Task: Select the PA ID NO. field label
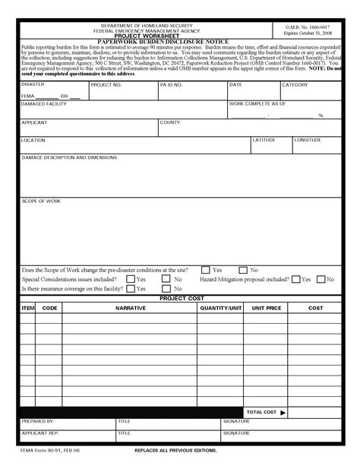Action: [172, 85]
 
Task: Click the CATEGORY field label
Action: [295, 85]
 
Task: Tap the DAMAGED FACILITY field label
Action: [44, 103]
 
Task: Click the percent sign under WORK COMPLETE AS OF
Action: [321, 116]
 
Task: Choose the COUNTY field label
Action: [169, 122]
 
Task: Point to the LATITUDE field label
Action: [264, 140]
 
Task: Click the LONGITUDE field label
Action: [308, 140]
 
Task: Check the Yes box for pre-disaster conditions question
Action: [206, 270]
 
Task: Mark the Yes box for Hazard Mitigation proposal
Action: [296, 279]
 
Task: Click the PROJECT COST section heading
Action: [181, 298]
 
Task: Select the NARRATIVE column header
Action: [130, 308]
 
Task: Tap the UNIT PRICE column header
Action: [264, 308]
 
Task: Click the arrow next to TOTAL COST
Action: [283, 412]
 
